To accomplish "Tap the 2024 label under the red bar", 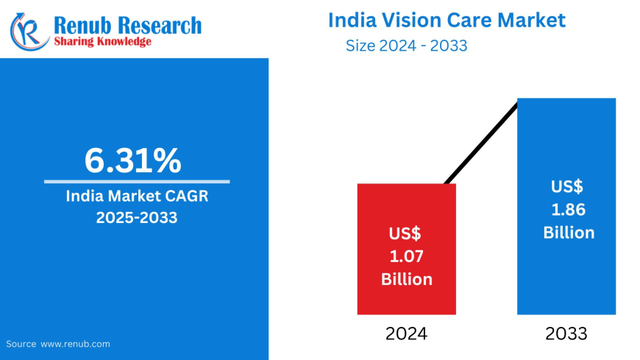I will (406, 333).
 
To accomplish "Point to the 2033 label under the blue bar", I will (566, 333).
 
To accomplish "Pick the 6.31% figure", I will (132, 160).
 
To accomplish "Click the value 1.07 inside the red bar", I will (406, 257).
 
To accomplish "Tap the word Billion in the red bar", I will (406, 280).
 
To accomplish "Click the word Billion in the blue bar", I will (569, 233).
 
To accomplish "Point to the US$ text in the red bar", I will (406, 234).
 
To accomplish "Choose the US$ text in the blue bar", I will (568, 186).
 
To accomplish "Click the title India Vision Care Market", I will (447, 20).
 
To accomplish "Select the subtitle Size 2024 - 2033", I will (407, 46).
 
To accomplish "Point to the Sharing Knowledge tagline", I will (102, 42).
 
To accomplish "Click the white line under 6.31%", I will (137, 181).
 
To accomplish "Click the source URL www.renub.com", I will (75, 344).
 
